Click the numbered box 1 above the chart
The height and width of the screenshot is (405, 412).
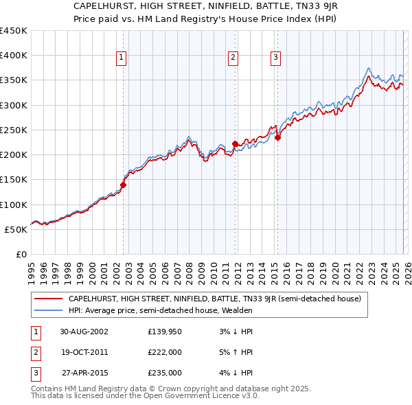coord(121,58)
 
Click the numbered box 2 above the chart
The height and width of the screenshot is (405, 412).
coord(233,58)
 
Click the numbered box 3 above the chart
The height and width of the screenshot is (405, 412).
coord(275,58)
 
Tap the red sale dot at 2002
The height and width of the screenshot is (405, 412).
coord(124,185)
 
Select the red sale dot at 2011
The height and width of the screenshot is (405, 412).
coord(235,143)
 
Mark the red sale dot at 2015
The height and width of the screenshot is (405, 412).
coord(278,137)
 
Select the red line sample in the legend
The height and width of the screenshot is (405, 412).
coord(48,299)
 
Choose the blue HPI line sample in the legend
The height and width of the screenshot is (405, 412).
coord(48,310)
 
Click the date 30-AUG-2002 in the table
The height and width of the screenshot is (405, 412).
coord(83,332)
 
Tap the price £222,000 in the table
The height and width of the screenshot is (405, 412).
coord(164,352)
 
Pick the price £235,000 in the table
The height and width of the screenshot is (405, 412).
coord(164,373)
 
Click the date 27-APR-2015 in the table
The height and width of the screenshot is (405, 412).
coord(83,373)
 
